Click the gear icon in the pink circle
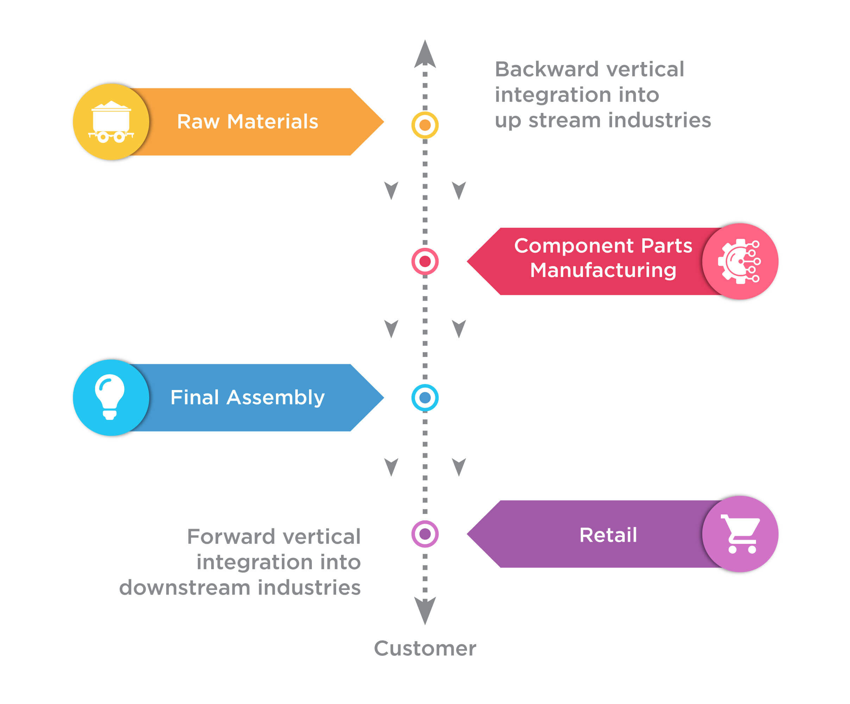pos(739,262)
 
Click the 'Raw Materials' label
pos(247,122)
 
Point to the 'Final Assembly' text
pos(247,397)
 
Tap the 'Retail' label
pos(608,535)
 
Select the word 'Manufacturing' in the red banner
pos(603,270)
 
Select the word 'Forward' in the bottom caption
pos(231,536)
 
